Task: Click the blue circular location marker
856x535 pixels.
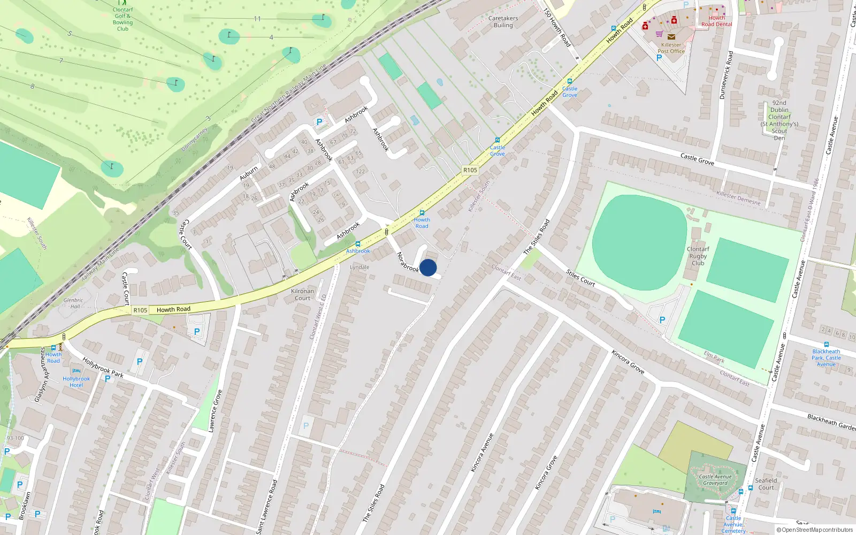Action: coord(428,267)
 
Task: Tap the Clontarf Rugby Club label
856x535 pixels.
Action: coord(698,256)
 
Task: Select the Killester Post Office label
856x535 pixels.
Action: coord(671,48)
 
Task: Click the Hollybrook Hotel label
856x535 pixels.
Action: coord(76,382)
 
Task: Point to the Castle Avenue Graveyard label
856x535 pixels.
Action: coord(715,480)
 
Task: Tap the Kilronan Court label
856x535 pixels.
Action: coord(302,295)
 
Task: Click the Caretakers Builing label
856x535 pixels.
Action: coord(503,21)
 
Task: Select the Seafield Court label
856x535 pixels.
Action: coord(766,484)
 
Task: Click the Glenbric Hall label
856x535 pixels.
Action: coord(73,303)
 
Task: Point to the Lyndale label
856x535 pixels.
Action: coord(360,267)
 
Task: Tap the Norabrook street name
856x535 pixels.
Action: coord(408,262)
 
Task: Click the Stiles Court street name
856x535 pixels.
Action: coord(580,278)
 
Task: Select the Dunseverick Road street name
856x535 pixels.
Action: coord(727,75)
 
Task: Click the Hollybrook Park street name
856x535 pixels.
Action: coord(103,368)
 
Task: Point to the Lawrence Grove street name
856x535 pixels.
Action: coord(215,411)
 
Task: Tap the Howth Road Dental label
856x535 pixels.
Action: coord(717,21)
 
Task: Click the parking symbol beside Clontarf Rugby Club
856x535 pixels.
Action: coord(662,320)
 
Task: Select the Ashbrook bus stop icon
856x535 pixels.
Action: coord(358,244)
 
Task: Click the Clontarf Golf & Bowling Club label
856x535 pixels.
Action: coord(123,19)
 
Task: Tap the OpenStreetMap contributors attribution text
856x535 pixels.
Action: coord(815,530)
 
